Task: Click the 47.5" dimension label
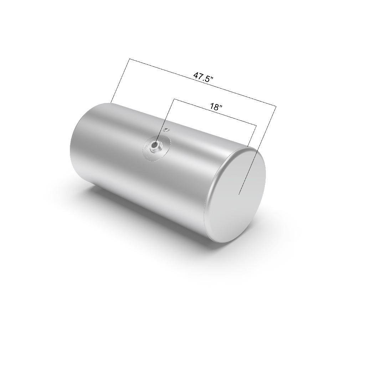[203, 77]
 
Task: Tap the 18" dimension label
[216, 107]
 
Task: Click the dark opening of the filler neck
[154, 145]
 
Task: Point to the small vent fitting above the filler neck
[166, 129]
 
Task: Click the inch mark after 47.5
[212, 78]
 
